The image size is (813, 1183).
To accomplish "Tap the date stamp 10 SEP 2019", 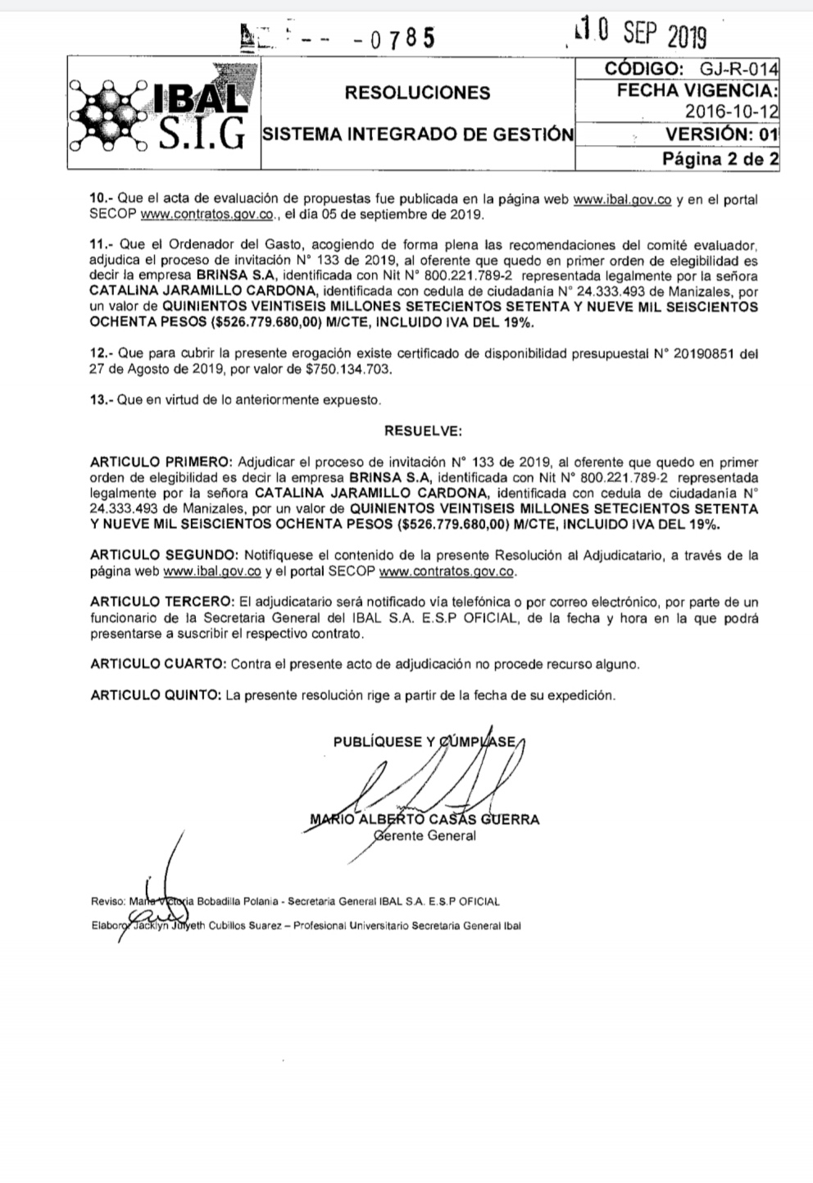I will [x=639, y=34].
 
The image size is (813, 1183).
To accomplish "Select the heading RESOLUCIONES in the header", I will [x=417, y=93].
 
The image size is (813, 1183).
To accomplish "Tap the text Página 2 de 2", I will [x=720, y=158].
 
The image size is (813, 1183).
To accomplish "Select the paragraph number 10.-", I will [x=102, y=199].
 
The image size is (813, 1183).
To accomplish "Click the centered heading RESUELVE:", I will [x=423, y=430].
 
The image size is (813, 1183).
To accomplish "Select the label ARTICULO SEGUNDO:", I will [x=164, y=556].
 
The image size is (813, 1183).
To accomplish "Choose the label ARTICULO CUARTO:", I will [x=157, y=664].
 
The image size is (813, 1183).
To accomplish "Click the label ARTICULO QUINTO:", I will [x=156, y=695].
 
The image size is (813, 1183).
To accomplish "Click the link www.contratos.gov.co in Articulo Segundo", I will [x=447, y=571].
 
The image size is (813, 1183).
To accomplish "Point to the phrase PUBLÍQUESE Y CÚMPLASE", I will [x=425, y=742].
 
